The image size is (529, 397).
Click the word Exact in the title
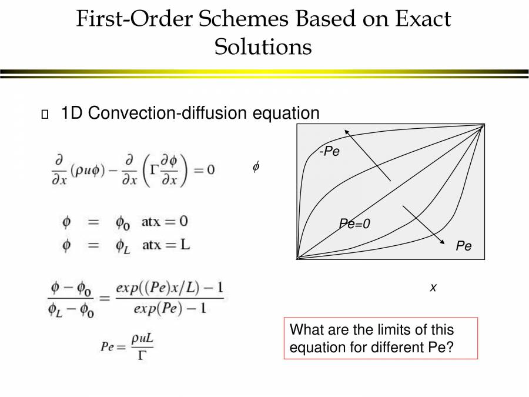pyautogui.click(x=423, y=18)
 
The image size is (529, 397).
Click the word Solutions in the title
pyautogui.click(x=263, y=46)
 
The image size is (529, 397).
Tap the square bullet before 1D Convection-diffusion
pyautogui.click(x=45, y=114)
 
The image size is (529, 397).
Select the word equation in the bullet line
pyautogui.click(x=286, y=113)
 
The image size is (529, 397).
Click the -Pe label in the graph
pyautogui.click(x=330, y=151)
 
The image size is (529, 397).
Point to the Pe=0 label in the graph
pyautogui.click(x=354, y=223)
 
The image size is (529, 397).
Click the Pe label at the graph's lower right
pyautogui.click(x=464, y=246)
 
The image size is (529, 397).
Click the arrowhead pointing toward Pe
pyautogui.click(x=442, y=241)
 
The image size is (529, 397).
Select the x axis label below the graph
pyautogui.click(x=433, y=288)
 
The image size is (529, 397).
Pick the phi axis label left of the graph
pyautogui.click(x=256, y=166)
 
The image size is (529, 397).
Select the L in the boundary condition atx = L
pyautogui.click(x=185, y=244)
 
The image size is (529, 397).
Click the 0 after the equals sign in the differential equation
pyautogui.click(x=211, y=169)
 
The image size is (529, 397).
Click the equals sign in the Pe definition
pyautogui.click(x=120, y=347)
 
